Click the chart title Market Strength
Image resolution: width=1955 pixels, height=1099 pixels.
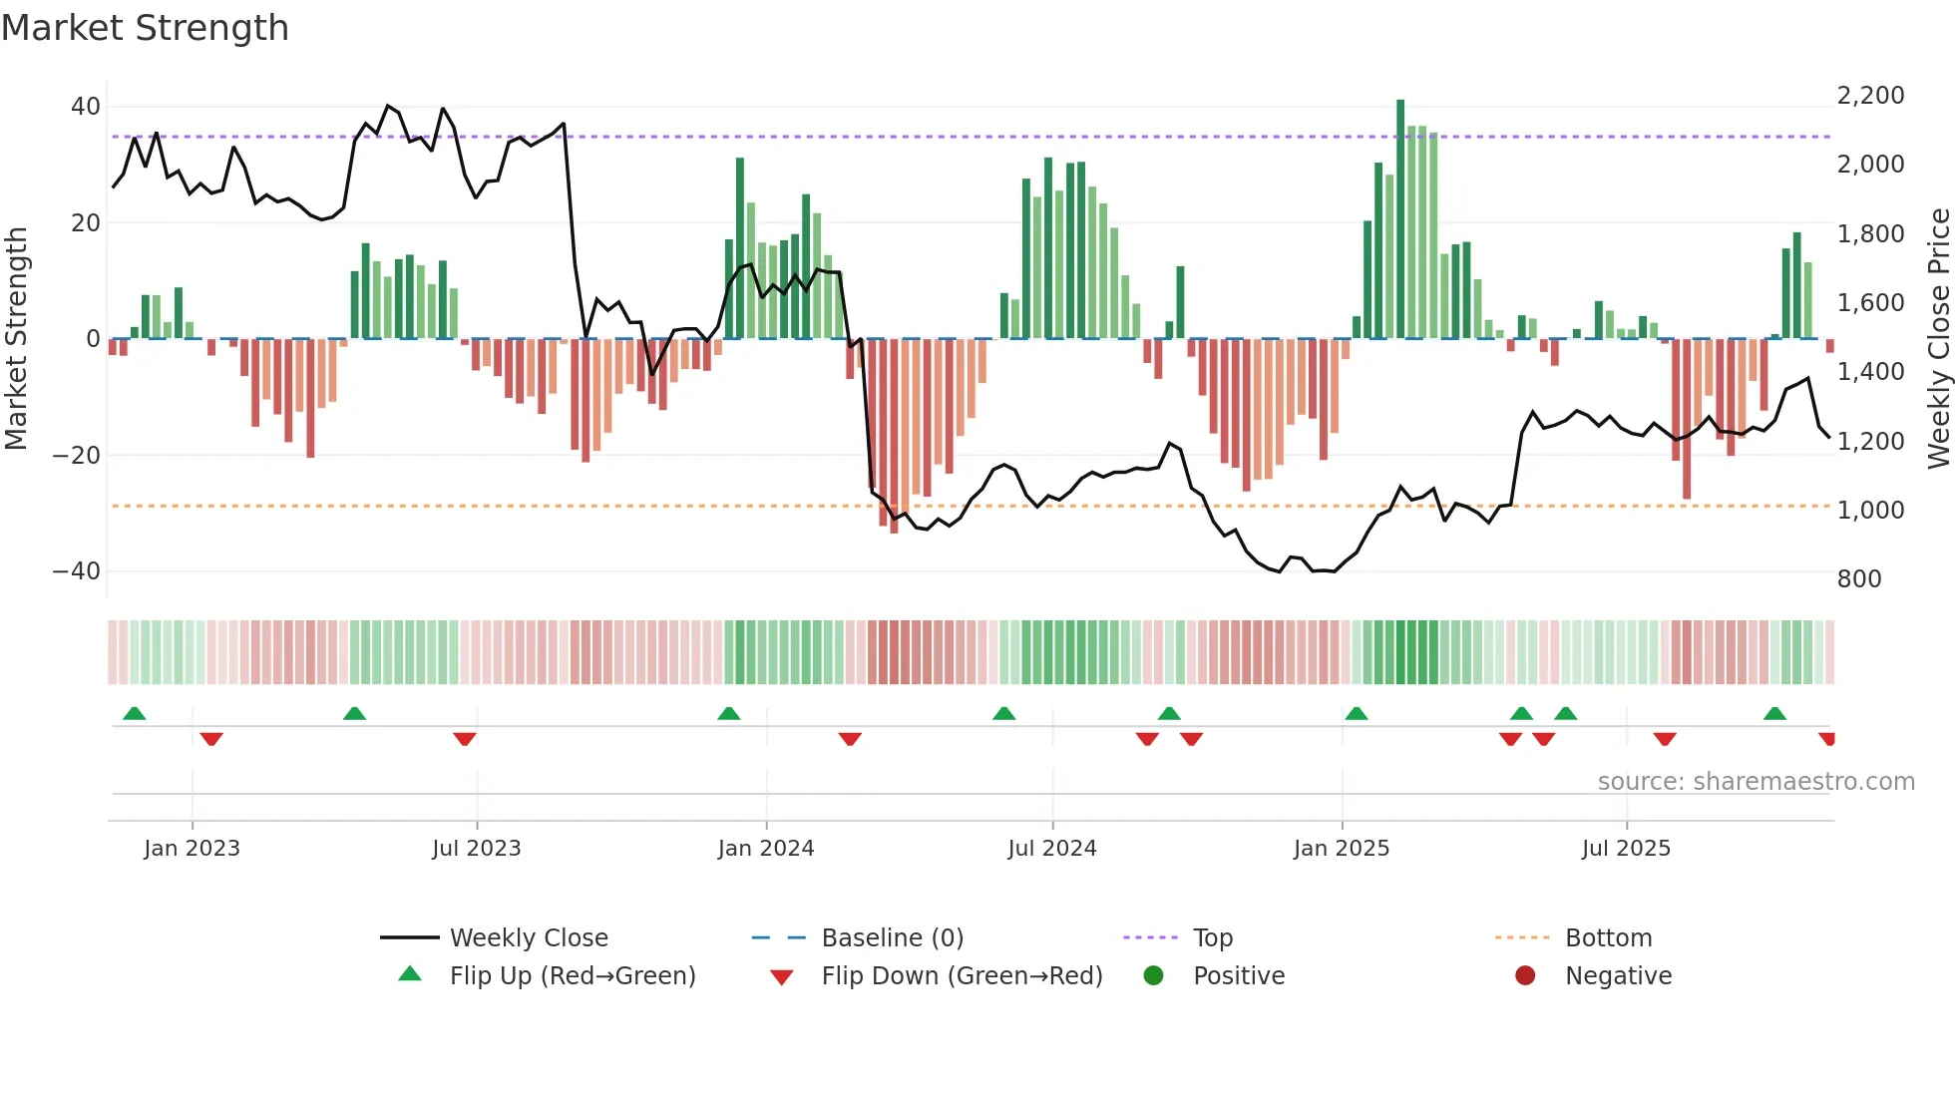coord(145,27)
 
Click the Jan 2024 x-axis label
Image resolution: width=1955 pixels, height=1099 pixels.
coord(765,849)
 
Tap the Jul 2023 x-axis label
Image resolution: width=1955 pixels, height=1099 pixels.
coord(476,849)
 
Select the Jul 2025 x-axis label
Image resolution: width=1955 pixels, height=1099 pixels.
coord(1625,849)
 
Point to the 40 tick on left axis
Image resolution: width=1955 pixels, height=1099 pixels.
coord(86,107)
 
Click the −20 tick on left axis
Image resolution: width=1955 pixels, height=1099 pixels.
coord(76,456)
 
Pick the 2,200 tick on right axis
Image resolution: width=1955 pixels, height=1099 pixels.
coord(1870,96)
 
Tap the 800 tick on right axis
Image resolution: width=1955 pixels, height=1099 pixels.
coord(1858,579)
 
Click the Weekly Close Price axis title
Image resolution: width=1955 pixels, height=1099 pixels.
coord(1938,339)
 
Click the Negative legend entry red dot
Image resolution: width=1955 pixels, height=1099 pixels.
coord(1524,976)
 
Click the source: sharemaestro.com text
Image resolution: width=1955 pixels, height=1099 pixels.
coord(1756,782)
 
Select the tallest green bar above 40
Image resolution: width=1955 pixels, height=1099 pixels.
coord(1400,219)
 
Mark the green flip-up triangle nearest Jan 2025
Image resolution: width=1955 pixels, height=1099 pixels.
coord(1356,714)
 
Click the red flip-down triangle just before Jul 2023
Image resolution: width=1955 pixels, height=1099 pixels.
coord(464,739)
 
